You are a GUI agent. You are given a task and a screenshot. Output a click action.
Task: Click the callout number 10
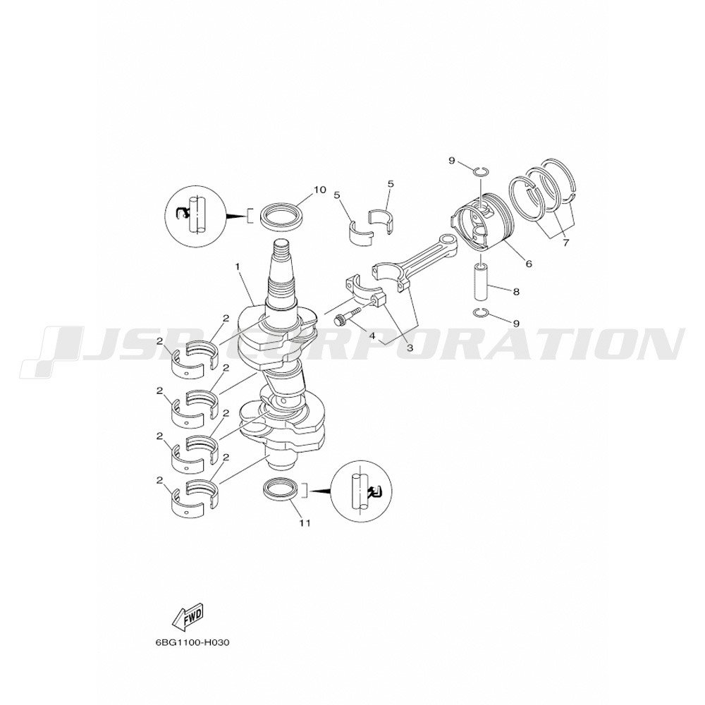(x=319, y=190)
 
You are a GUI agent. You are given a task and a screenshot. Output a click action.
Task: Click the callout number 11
(x=305, y=523)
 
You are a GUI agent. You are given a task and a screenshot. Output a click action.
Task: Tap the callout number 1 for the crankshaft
(x=237, y=266)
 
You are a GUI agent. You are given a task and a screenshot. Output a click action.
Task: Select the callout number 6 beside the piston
(x=529, y=264)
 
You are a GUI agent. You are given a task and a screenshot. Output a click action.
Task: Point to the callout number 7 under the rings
(x=565, y=243)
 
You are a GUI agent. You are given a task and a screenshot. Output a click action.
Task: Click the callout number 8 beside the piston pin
(x=516, y=292)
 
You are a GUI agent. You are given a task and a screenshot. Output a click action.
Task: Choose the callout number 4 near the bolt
(x=372, y=335)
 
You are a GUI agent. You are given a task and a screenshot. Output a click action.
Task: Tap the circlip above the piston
(x=480, y=170)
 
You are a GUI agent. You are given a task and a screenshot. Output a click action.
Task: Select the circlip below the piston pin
(x=482, y=312)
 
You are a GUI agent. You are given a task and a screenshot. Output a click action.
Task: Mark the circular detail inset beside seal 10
(x=196, y=215)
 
